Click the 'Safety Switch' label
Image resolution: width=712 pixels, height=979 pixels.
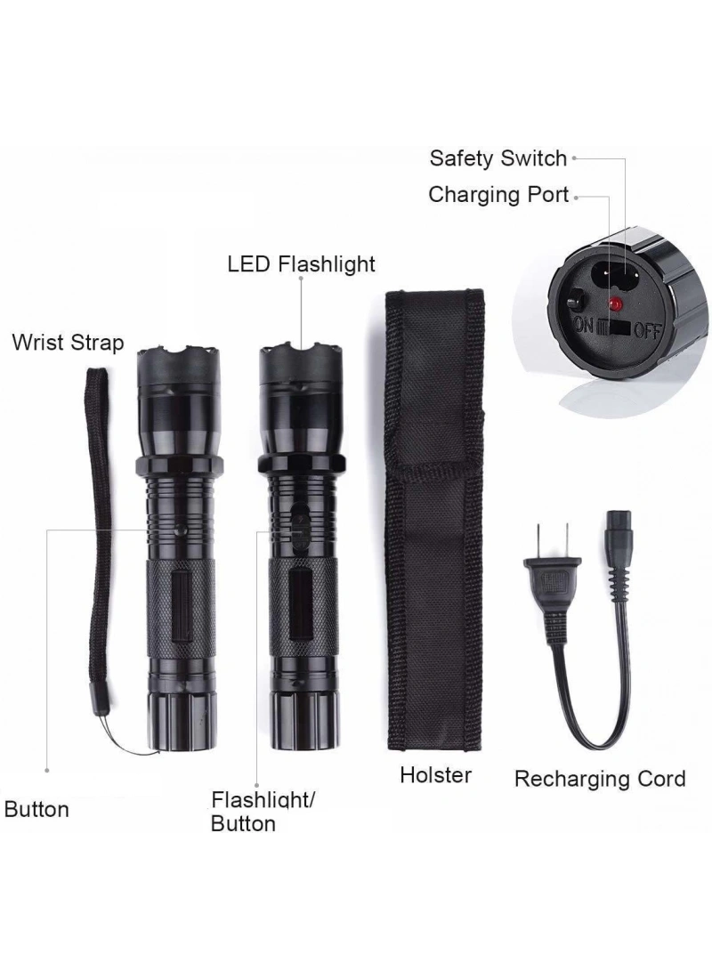point(498,159)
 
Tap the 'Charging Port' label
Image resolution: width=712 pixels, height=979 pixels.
point(498,195)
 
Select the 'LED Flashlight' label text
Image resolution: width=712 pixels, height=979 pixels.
point(301,264)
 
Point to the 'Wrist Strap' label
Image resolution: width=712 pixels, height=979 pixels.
point(68,343)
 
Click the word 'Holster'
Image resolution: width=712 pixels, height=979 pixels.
point(435,775)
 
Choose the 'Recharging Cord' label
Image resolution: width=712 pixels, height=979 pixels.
point(600,780)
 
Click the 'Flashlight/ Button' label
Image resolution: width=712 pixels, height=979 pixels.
point(263,812)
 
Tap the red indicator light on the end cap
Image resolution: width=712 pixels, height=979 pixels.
point(616,304)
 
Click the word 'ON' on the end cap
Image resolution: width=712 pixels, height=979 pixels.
point(583,325)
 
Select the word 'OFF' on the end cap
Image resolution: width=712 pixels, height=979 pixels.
point(647,329)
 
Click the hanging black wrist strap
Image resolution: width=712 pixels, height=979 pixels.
point(99,537)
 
